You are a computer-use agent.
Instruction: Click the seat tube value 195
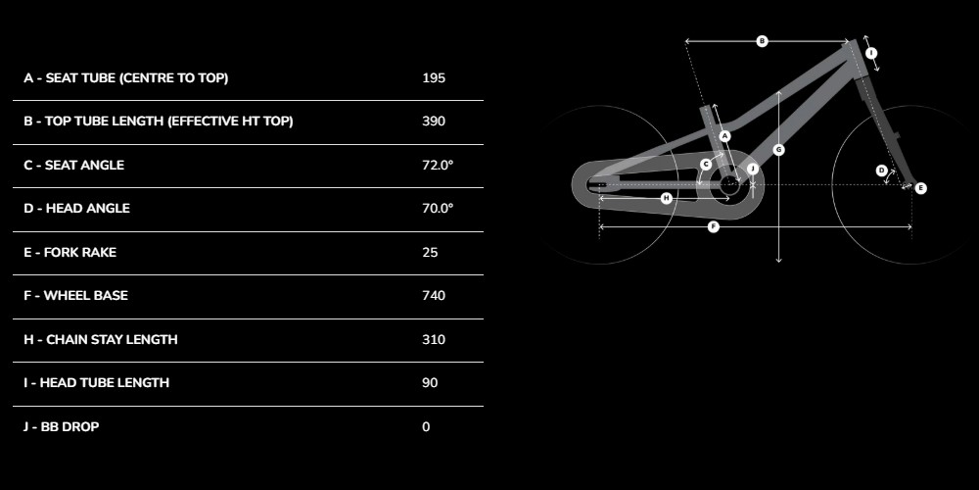coord(434,78)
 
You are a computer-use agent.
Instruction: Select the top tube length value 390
coord(434,122)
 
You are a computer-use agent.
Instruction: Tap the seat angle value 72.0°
coord(438,165)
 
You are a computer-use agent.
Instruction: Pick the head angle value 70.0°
coord(438,208)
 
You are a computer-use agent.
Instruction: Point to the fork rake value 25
coord(430,253)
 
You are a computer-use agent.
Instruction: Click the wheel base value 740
coord(434,296)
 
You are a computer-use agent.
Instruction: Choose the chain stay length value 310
coord(434,339)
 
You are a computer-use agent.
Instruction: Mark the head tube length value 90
coord(430,382)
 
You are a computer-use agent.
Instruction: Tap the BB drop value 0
coord(426,427)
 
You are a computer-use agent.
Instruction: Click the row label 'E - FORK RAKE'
coord(70,253)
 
